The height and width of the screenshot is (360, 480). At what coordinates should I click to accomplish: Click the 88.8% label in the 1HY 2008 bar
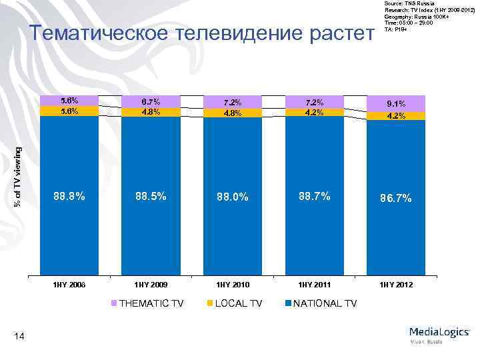click(x=69, y=197)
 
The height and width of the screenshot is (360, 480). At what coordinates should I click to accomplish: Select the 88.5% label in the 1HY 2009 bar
click(x=151, y=197)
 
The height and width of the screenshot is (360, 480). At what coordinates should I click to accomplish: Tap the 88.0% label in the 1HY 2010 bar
click(x=233, y=197)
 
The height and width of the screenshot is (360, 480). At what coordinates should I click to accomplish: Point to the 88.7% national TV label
click(x=314, y=196)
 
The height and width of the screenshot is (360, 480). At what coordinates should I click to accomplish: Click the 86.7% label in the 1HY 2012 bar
click(x=395, y=199)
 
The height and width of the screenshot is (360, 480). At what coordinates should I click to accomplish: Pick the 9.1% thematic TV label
click(x=395, y=103)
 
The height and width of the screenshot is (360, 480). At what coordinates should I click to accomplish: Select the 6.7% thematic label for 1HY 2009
click(x=151, y=101)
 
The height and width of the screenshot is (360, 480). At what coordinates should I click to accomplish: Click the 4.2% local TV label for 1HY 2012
click(x=395, y=115)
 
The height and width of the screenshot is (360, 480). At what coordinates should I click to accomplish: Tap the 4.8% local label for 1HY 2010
click(x=233, y=113)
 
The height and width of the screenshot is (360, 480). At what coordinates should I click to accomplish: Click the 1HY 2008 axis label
click(x=69, y=285)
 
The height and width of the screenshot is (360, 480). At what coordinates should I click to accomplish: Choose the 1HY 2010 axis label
click(x=233, y=285)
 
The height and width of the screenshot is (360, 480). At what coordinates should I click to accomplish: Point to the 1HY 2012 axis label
click(x=395, y=285)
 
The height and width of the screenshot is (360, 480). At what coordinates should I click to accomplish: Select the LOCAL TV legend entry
click(x=236, y=304)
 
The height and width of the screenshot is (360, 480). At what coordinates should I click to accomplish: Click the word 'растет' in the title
click(x=339, y=33)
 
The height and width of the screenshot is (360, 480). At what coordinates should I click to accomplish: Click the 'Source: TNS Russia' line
click(x=408, y=3)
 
